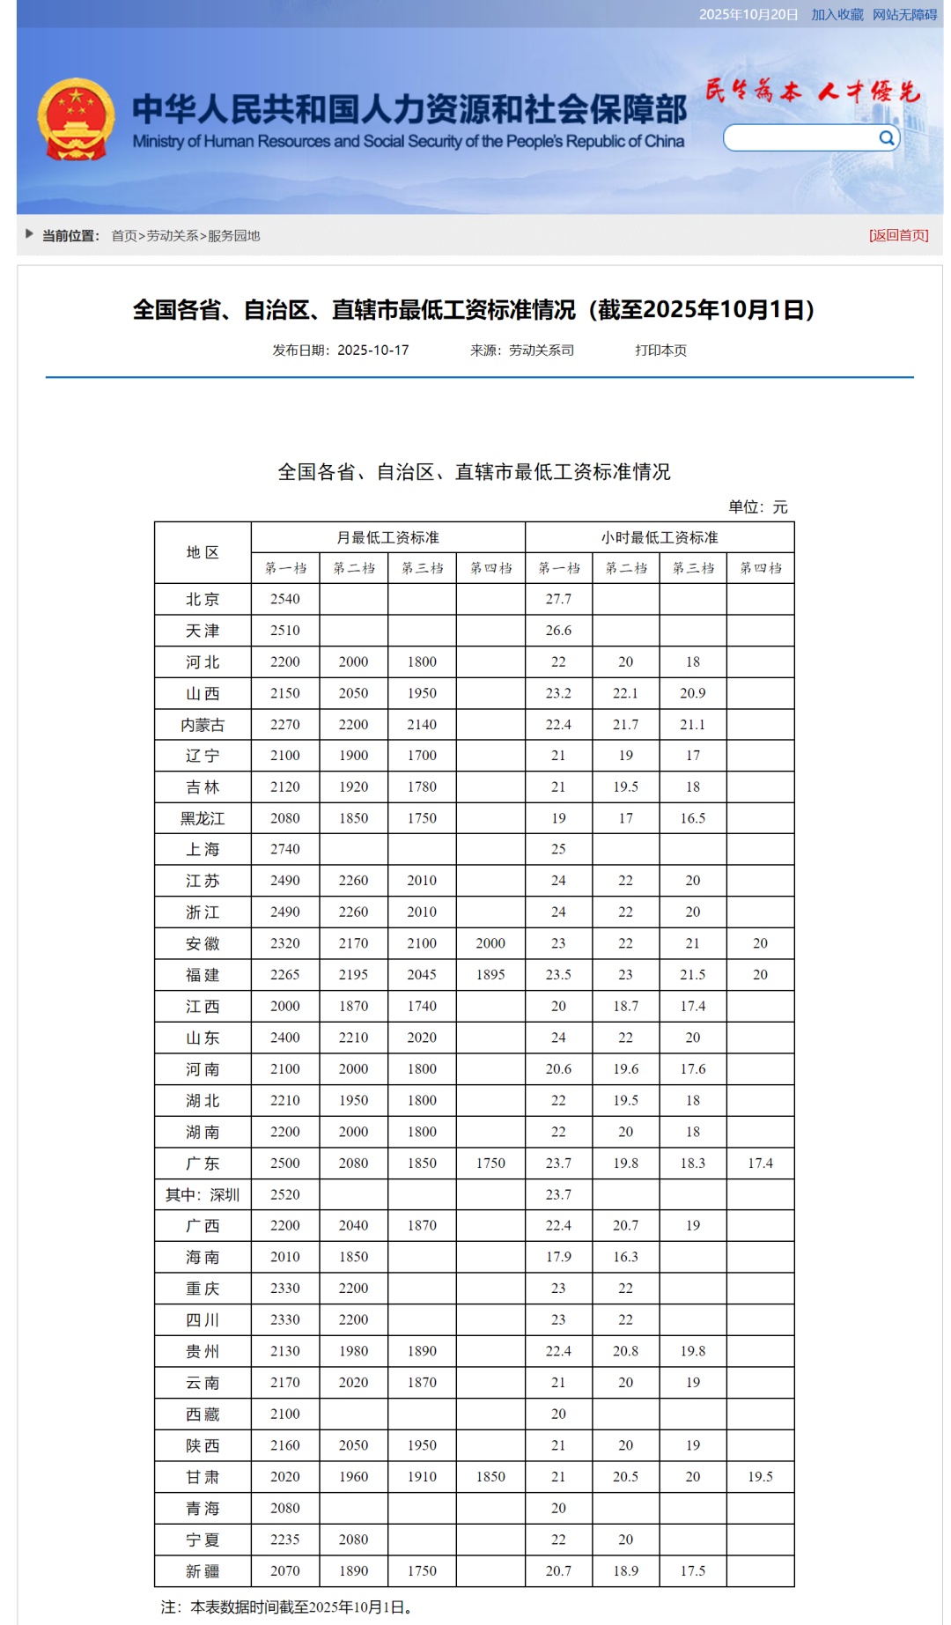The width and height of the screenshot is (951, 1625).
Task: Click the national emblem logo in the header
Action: pos(76,120)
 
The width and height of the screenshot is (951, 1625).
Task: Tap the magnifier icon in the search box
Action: pos(887,138)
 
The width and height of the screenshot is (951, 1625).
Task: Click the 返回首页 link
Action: pos(898,235)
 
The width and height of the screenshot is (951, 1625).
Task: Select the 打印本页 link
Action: pos(660,351)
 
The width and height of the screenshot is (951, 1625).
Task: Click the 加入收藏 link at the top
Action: pos(837,15)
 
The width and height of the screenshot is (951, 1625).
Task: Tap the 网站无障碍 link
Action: pos(904,15)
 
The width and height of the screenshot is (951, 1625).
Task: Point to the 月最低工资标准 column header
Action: pos(387,537)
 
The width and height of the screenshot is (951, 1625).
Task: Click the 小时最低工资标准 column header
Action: pos(660,537)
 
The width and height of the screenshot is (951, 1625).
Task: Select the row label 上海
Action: pos(203,849)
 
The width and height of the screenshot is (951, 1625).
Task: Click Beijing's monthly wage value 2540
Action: pos(285,599)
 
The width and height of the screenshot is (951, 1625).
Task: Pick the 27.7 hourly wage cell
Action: pos(558,599)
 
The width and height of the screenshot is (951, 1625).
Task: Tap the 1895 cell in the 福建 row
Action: pos(490,975)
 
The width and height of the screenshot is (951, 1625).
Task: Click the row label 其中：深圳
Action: pos(203,1194)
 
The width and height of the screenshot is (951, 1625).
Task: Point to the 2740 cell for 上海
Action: pos(285,849)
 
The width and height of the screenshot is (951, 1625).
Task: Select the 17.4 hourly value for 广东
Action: pos(760,1163)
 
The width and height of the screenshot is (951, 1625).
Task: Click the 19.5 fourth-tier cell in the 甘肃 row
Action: pos(760,1477)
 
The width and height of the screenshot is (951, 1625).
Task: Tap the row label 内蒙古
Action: pos(203,725)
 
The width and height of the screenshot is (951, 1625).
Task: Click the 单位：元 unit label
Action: pos(757,507)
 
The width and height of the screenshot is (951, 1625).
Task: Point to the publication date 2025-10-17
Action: pos(373,351)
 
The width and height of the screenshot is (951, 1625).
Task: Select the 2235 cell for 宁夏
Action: pos(285,1540)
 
